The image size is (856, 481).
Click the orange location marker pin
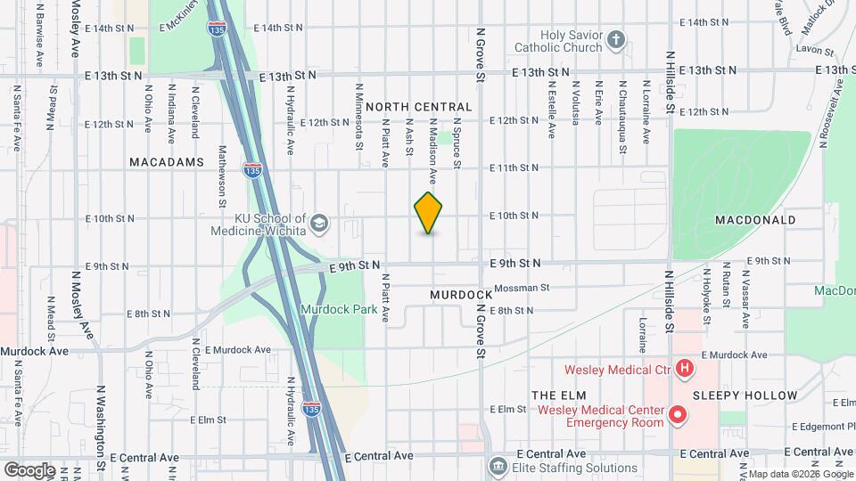pyautogui.click(x=429, y=213)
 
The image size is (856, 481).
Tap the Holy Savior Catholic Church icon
pyautogui.click(x=616, y=40)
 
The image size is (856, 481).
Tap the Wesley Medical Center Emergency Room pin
pyautogui.click(x=678, y=415)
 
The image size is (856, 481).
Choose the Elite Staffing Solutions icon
pyautogui.click(x=498, y=466)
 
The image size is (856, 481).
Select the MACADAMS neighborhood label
pyautogui.click(x=167, y=162)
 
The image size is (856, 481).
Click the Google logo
pyautogui.click(x=29, y=470)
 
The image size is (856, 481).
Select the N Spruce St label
pyautogui.click(x=457, y=146)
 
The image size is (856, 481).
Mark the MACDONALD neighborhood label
pyautogui.click(x=754, y=219)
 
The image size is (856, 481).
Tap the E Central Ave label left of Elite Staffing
pyautogui.click(x=379, y=455)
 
